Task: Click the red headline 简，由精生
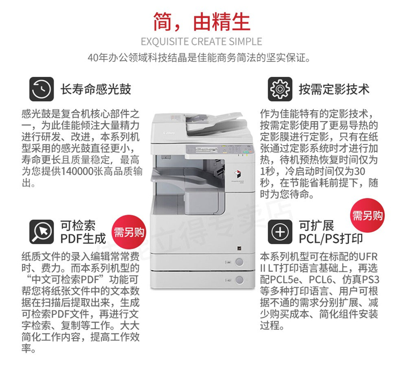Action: (x=201, y=22)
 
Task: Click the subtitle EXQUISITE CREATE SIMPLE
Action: (x=201, y=41)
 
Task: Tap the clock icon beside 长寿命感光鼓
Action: (x=41, y=89)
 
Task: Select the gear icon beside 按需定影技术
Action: (x=280, y=89)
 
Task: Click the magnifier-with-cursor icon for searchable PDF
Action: (x=41, y=232)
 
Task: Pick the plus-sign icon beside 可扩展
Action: (x=280, y=232)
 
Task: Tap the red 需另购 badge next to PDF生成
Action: (x=129, y=232)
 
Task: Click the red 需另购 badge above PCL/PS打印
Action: (x=368, y=216)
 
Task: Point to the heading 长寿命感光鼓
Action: (x=96, y=89)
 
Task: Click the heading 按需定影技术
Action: (x=334, y=89)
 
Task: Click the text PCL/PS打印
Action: (x=331, y=239)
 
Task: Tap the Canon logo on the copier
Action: (x=169, y=133)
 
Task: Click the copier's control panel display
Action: (x=206, y=149)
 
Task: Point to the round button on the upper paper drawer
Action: (x=239, y=262)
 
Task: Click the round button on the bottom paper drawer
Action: (x=239, y=279)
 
